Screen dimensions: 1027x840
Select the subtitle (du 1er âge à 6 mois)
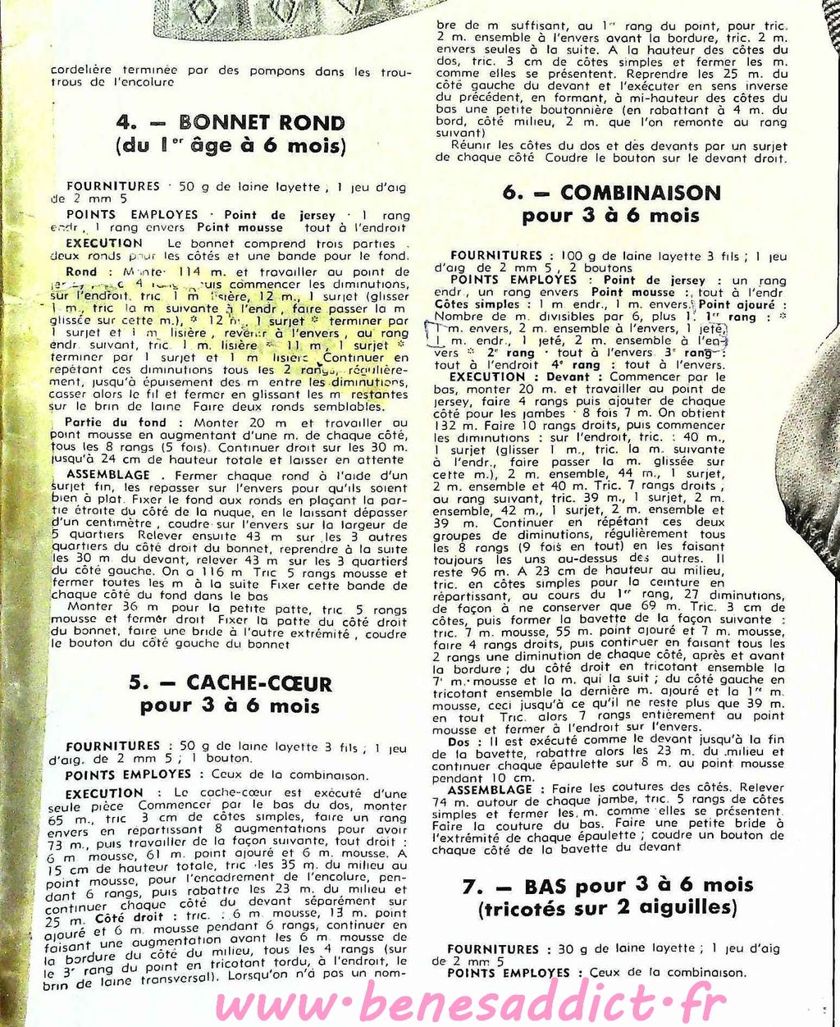click(231, 147)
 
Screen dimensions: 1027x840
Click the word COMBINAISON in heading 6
click(641, 194)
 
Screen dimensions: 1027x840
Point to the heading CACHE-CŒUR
click(259, 682)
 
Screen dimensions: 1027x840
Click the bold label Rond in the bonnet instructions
click(81, 272)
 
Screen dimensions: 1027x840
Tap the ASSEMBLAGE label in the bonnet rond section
click(108, 475)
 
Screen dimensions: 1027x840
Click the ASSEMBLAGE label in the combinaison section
click(491, 789)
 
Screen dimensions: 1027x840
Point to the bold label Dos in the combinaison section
click(459, 742)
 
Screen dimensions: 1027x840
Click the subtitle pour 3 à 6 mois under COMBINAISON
click(610, 217)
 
